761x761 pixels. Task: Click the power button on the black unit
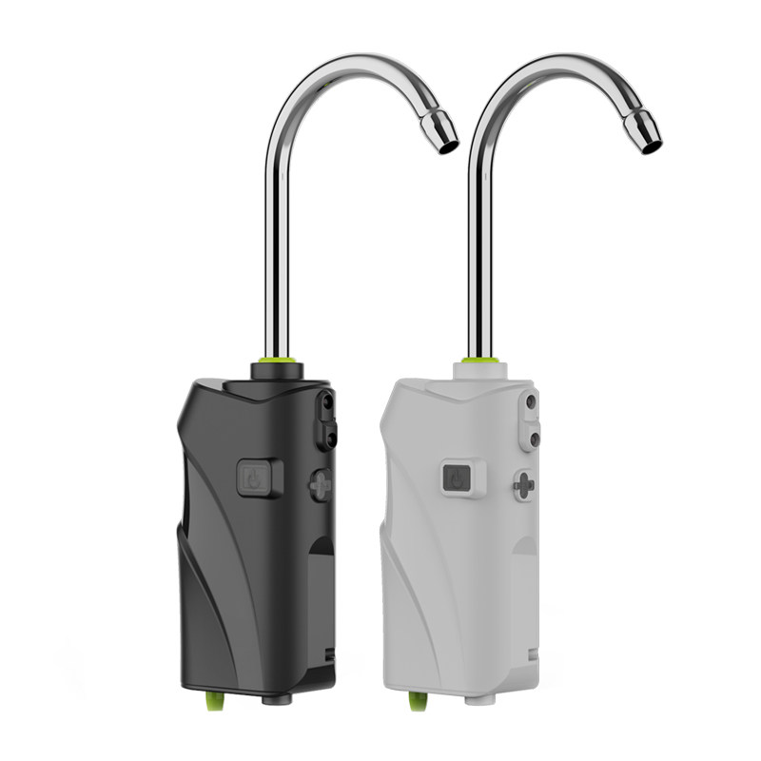click(x=254, y=478)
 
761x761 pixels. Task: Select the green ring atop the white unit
click(x=480, y=359)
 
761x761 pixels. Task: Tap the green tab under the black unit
click(x=210, y=701)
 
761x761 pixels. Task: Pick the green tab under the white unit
click(x=416, y=702)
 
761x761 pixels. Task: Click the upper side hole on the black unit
click(x=326, y=403)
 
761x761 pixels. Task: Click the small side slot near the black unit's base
click(x=328, y=655)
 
